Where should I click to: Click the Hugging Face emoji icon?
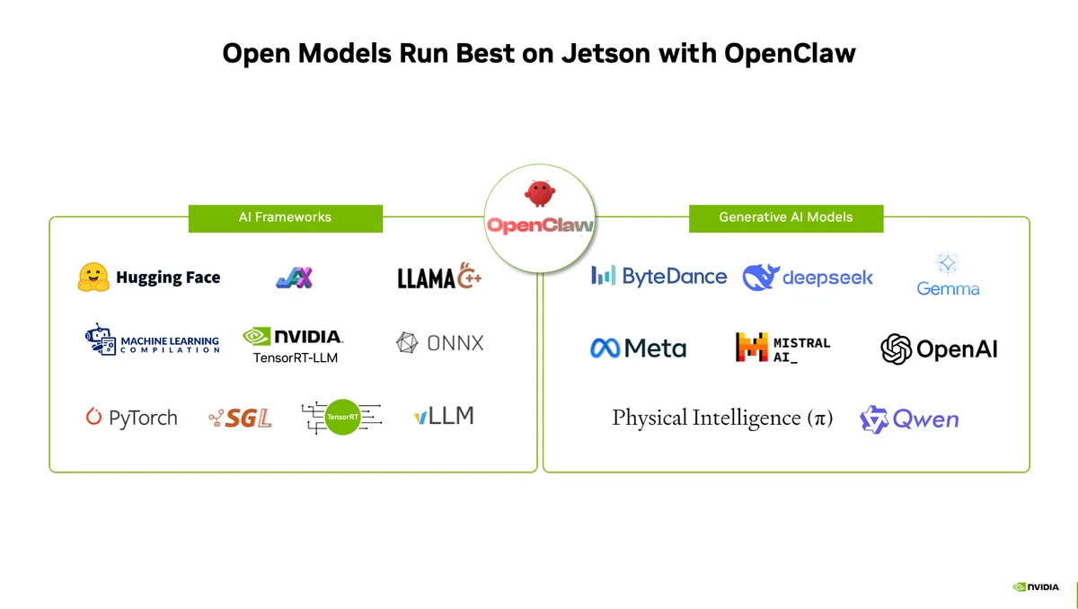pos(93,278)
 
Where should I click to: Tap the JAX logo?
pos(294,278)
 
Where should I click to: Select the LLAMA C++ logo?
pos(439,278)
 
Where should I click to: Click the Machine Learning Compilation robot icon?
pos(98,340)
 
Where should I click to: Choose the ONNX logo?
pos(440,342)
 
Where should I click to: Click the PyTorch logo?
pos(132,418)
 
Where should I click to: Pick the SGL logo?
pos(240,418)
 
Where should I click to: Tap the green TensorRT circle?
pos(341,417)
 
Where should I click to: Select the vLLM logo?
pos(444,416)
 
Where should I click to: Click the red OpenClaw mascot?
pos(539,193)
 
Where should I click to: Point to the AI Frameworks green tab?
pos(285,217)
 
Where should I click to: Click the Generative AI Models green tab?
pos(785,217)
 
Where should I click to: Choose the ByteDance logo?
pos(658,276)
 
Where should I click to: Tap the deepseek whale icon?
pos(759,278)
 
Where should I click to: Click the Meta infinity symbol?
pos(605,349)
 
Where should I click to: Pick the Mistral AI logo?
pos(782,349)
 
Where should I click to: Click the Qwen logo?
pos(909,419)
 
